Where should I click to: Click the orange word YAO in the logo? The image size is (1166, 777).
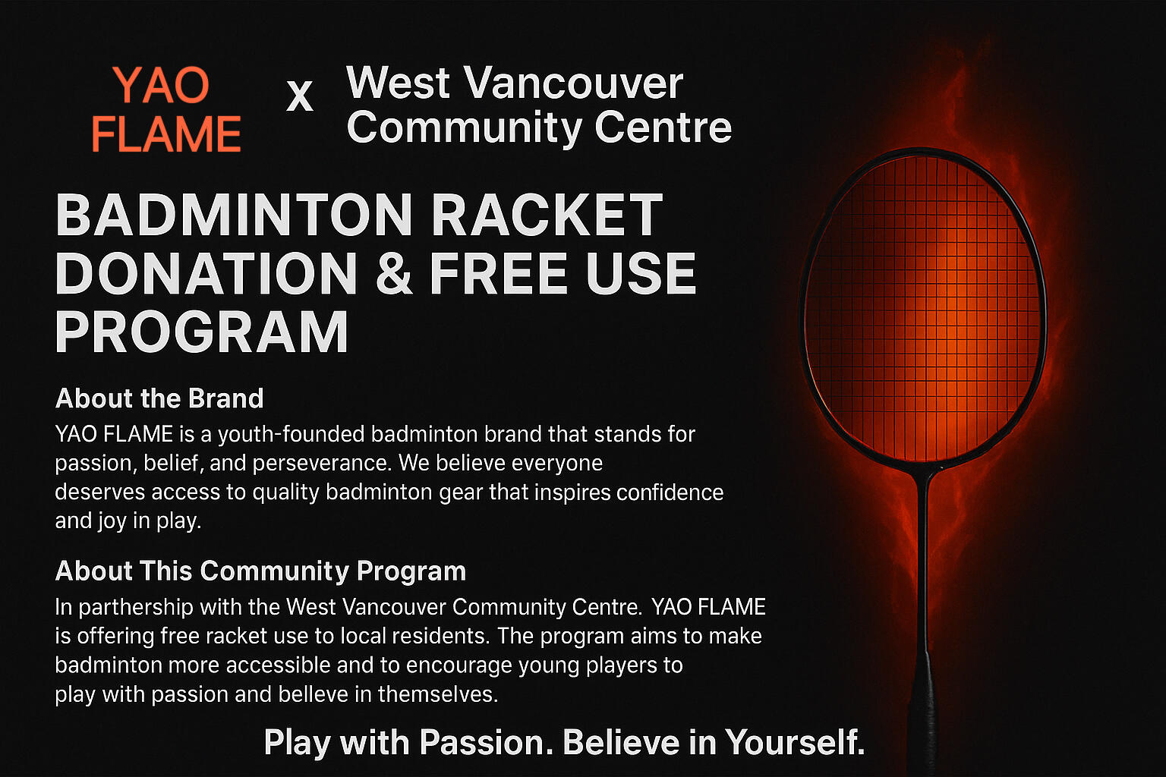tap(161, 85)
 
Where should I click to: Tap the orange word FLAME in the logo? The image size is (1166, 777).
tap(166, 134)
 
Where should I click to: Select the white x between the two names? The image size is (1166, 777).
tap(300, 97)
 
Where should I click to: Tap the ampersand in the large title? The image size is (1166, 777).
tap(393, 274)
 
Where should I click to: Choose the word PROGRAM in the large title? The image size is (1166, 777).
tap(202, 332)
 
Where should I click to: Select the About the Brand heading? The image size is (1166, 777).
tap(159, 398)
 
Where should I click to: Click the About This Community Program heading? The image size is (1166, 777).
tap(260, 571)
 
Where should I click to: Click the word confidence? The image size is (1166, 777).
tap(670, 492)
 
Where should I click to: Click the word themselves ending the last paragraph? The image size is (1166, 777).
tap(437, 694)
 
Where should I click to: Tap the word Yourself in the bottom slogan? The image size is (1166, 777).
tap(794, 742)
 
